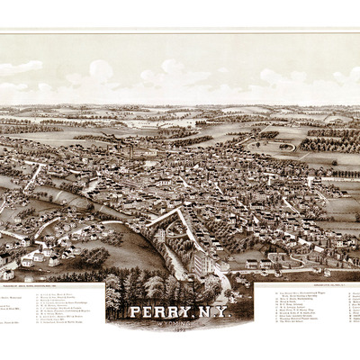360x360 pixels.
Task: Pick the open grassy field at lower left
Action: pyautogui.click(x=126, y=252)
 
